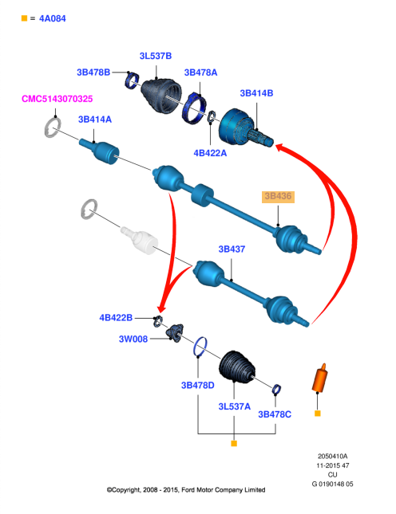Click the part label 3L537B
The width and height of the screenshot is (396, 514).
(x=156, y=56)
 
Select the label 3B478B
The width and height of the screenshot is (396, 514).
(x=93, y=72)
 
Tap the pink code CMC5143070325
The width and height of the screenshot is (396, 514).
(x=57, y=99)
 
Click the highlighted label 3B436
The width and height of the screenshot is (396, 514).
(x=278, y=196)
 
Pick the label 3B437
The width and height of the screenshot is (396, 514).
(x=232, y=249)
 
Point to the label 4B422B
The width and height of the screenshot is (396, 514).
(x=116, y=318)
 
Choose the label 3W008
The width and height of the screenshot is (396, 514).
(x=133, y=339)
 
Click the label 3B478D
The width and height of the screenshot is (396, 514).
(x=198, y=385)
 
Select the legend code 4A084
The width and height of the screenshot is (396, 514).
(x=53, y=18)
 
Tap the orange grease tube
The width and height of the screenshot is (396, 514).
(x=319, y=378)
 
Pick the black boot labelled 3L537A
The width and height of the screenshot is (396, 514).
(x=237, y=367)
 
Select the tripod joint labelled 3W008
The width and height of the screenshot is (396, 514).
(x=175, y=333)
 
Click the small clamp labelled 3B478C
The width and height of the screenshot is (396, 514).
(x=276, y=389)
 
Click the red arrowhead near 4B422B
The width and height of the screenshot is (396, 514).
(x=162, y=308)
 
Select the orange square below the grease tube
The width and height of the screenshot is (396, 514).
(x=318, y=414)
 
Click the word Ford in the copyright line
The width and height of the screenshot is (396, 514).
(x=188, y=490)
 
